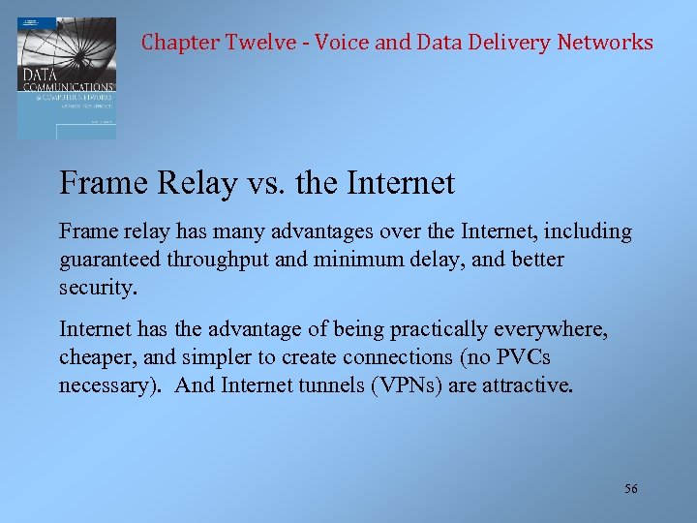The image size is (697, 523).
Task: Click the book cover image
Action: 66,77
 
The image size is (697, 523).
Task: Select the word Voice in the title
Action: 341,43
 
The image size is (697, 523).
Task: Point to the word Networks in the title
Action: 606,43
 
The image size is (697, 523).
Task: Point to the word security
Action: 99,289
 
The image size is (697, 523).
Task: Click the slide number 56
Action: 631,489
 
